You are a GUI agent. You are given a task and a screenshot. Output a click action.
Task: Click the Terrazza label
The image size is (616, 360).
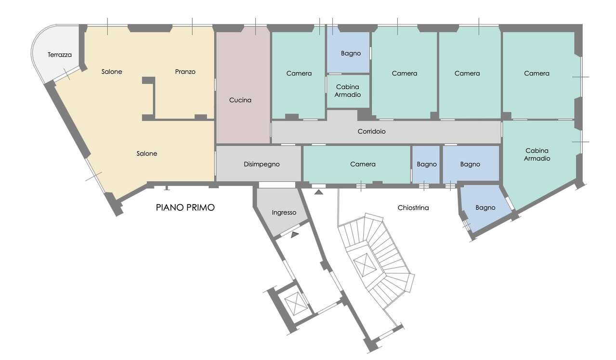[60, 55]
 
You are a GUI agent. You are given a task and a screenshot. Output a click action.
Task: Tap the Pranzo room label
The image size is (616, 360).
[185, 72]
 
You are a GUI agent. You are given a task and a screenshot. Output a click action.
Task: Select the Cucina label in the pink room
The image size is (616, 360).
[240, 100]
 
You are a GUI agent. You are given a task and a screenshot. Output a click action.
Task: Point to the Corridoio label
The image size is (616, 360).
[371, 131]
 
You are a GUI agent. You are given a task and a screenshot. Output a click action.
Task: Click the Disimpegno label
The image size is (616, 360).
[262, 164]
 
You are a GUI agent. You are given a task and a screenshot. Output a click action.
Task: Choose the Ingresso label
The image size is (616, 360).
[284, 212]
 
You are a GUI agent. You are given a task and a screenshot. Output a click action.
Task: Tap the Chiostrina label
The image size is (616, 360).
[413, 208]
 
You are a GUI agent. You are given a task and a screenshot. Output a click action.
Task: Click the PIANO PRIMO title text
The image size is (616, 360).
[185, 207]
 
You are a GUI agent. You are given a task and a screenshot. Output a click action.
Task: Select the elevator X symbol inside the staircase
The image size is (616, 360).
[365, 264]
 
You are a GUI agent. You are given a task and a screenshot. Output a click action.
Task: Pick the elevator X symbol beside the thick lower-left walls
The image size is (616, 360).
[296, 303]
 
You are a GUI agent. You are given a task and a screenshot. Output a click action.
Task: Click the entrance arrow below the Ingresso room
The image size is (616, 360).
[295, 234]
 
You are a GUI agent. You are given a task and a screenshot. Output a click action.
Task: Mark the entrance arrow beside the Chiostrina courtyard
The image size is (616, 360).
[319, 192]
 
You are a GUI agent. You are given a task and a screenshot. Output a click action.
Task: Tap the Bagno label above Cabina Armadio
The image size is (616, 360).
[351, 53]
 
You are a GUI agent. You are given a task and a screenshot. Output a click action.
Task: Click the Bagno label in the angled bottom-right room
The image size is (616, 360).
[485, 208]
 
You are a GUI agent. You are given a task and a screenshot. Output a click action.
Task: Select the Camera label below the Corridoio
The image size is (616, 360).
[363, 164]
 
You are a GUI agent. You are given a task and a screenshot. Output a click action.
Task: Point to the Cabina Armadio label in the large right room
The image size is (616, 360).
[537, 154]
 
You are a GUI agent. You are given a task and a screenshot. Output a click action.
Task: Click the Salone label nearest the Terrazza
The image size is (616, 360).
[112, 72]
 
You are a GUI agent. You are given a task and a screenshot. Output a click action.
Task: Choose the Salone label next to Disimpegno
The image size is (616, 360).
[147, 154]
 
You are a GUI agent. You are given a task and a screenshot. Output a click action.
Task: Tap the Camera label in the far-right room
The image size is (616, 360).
[537, 73]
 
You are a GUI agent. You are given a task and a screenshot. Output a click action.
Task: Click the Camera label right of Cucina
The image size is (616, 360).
[299, 73]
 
